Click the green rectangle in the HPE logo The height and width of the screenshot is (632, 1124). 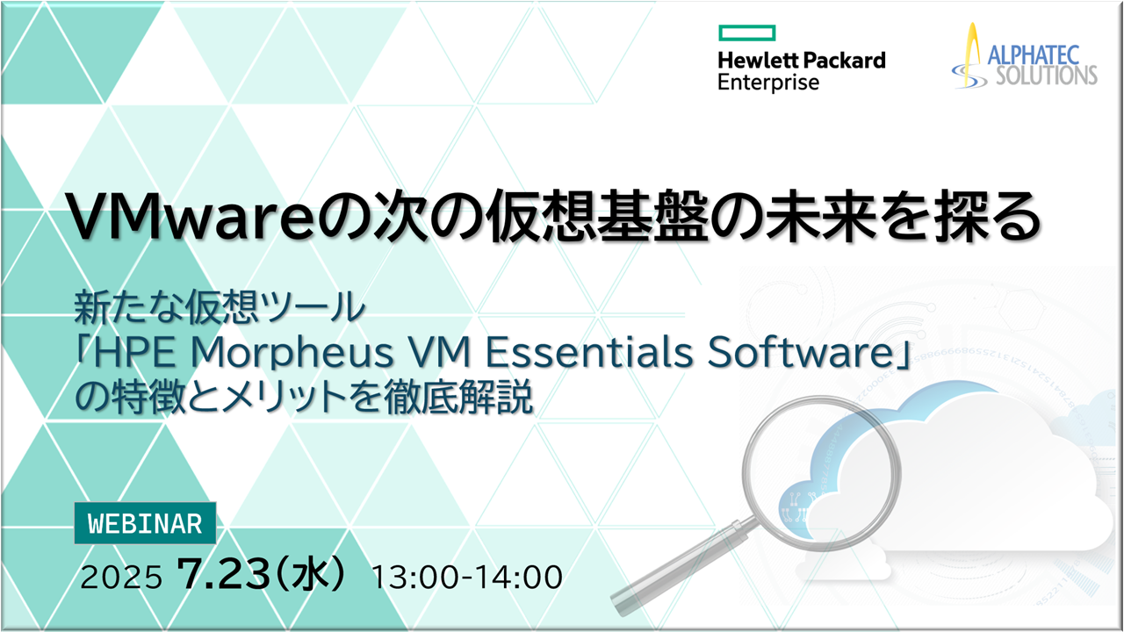pos(746,33)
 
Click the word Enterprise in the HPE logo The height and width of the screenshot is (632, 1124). pos(767,83)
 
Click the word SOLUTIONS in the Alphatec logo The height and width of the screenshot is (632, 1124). pos(1045,75)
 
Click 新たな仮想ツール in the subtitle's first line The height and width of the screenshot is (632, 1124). pos(220,309)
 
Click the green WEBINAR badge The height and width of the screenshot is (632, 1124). pos(145,524)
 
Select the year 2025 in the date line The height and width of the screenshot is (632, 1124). pos(121,578)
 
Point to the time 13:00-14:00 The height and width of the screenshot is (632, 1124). pos(467,578)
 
